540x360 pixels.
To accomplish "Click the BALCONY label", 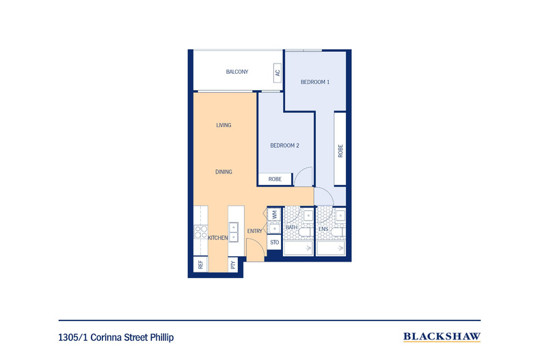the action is point(237,72).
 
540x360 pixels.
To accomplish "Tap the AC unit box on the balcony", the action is point(278,73).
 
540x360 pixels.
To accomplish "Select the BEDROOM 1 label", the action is point(315,82).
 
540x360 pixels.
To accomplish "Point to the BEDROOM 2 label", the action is point(284,146).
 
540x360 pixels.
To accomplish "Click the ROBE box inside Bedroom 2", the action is point(275,179).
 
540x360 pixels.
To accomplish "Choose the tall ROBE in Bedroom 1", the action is point(340,149).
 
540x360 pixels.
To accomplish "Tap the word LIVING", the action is point(224,125).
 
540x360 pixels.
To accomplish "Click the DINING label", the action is point(224,171).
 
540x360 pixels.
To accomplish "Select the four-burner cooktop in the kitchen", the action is point(201,232).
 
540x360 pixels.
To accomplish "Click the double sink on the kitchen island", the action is point(234,232).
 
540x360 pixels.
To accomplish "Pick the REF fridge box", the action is point(200,264).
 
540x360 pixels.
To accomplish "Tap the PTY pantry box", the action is point(233,264).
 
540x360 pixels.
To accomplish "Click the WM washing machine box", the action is point(275,215).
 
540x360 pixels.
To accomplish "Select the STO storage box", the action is point(275,243).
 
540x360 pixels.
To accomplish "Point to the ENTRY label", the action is point(254,232).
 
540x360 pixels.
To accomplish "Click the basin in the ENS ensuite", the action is point(340,215).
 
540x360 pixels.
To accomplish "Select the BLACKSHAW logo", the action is point(442,337).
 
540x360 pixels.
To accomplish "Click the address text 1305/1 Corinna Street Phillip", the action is point(116,337).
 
